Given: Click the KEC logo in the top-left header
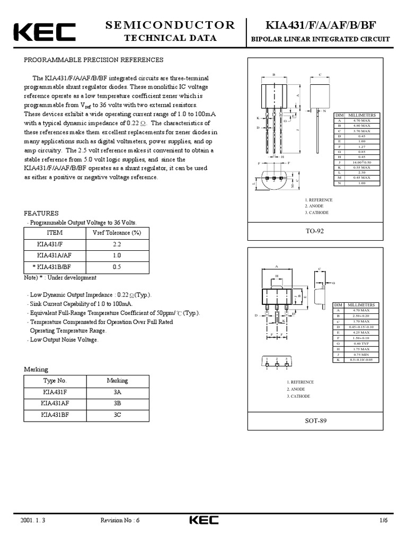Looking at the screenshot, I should tap(45, 32).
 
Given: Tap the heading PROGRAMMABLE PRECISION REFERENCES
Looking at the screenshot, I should tap(94, 60).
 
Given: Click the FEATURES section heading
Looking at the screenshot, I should tap(41, 213).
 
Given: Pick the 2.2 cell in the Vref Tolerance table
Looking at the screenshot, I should tap(117, 244).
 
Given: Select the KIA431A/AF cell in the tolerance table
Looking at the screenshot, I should tap(55, 256).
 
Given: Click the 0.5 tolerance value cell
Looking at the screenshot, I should tap(117, 267).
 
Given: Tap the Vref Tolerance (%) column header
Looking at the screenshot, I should tap(117, 233).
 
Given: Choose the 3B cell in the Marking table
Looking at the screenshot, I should tap(117, 404).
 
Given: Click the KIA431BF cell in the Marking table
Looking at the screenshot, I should tap(55, 415).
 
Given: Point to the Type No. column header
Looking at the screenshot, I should tap(55, 381).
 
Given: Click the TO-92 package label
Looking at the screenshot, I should tap(315, 232).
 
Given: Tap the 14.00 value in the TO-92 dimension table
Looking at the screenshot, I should tap(361, 162).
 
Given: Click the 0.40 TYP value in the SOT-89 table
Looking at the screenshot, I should tap(361, 344).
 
